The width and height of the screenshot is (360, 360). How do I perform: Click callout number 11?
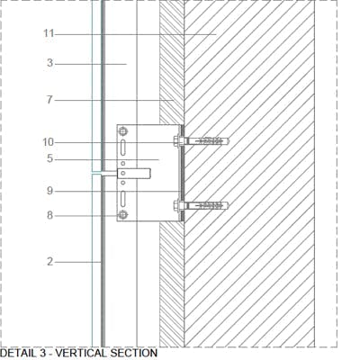(49, 33)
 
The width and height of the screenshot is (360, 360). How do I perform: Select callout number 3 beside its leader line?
(49, 63)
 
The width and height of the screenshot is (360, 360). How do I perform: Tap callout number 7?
(49, 100)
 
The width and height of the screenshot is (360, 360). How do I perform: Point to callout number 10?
(49, 142)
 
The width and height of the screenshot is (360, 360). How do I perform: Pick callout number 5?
(49, 158)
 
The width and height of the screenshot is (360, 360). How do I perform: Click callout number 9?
(49, 191)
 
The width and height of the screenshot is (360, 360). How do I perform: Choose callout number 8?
(49, 215)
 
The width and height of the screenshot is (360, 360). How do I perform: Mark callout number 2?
(49, 262)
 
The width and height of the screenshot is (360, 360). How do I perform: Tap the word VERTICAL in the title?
(81, 353)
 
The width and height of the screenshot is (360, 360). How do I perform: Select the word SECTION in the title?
(134, 353)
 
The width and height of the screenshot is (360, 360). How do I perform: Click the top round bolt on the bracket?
(122, 131)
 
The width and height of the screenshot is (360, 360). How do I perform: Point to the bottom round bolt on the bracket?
(122, 215)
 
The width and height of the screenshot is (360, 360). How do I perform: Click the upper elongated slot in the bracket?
(122, 148)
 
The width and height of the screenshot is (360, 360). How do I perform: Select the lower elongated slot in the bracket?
(122, 199)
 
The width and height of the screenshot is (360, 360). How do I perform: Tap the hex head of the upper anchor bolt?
(176, 141)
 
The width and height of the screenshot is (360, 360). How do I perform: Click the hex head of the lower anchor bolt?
(176, 206)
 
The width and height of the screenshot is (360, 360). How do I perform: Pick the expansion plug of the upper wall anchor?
(207, 140)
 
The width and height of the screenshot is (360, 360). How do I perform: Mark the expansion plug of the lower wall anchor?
(207, 205)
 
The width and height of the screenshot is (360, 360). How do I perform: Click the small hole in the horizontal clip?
(122, 173)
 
